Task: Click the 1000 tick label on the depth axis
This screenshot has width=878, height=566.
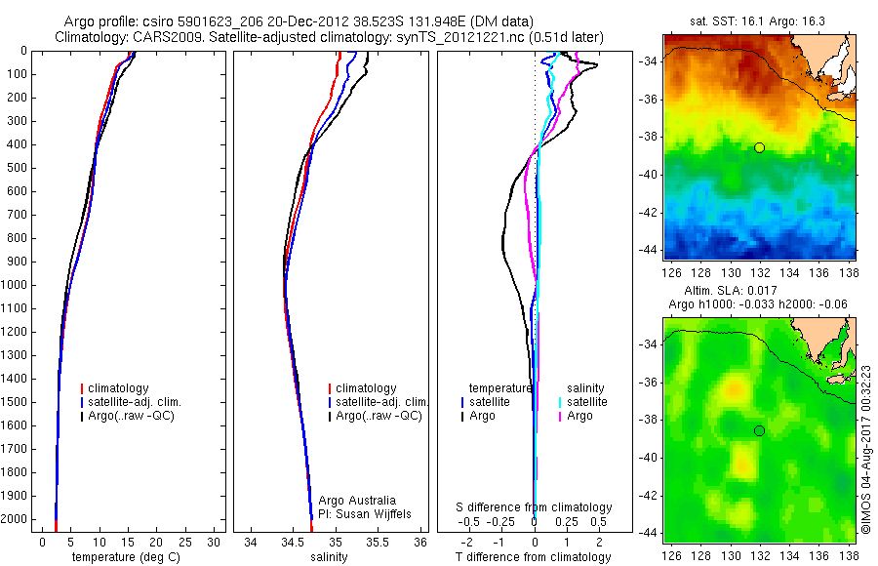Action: [x=15, y=285]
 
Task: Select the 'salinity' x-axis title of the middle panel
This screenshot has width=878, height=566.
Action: [x=328, y=557]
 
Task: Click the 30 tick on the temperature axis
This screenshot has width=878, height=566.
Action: [x=215, y=541]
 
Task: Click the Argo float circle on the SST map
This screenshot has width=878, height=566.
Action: [x=759, y=147]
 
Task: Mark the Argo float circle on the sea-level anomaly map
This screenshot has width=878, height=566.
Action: [x=759, y=430]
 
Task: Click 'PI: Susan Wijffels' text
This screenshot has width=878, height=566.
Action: [x=364, y=513]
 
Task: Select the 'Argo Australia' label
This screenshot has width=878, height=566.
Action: [x=357, y=501]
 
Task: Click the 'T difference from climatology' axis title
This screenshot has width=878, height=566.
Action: [x=533, y=557]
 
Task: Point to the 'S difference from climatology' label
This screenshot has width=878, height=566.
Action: [x=535, y=507]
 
